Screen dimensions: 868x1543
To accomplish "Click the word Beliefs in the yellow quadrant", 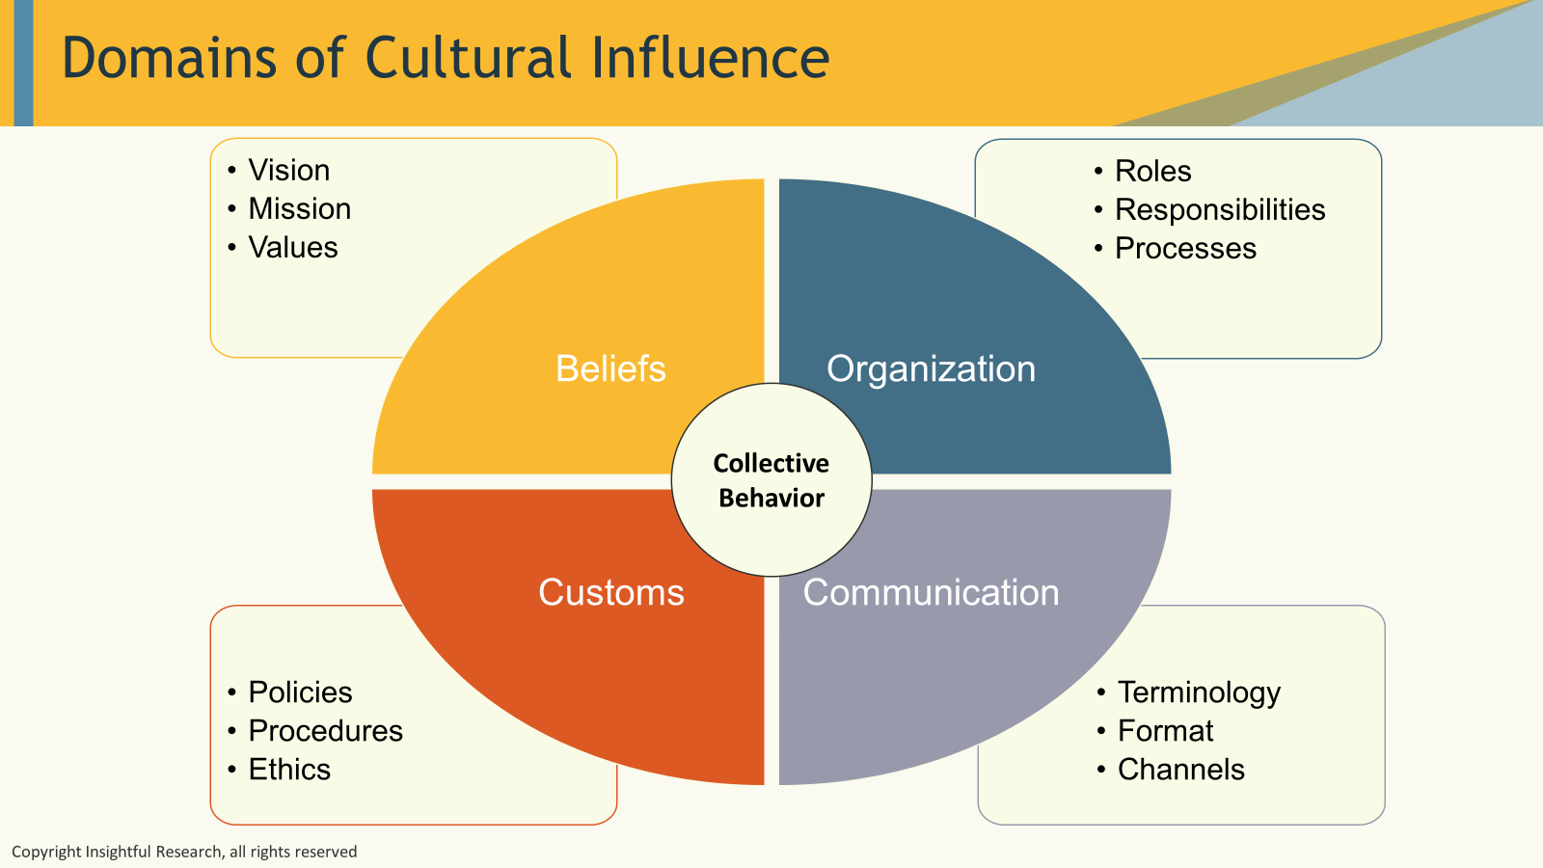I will click(x=610, y=368).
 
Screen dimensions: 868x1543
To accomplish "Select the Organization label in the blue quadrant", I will click(x=931, y=368).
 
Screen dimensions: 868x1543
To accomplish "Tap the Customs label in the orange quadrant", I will click(x=610, y=592).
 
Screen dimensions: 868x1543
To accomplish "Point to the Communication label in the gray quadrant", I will click(x=931, y=592).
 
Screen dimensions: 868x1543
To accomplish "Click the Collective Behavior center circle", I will click(x=771, y=480).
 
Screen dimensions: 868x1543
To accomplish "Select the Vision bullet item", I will click(x=288, y=171).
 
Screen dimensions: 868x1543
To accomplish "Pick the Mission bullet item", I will click(x=299, y=209).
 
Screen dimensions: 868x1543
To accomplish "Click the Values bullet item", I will click(x=293, y=248).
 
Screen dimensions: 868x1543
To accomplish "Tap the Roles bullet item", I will click(x=1152, y=172).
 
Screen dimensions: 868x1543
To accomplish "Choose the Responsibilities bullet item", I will click(x=1220, y=210).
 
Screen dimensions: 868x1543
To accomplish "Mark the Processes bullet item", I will click(x=1185, y=249).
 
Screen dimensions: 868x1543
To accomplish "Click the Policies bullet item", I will click(x=300, y=692).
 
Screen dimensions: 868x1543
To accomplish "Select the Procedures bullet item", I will click(x=325, y=731).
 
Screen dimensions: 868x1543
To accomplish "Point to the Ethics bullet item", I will click(x=289, y=770).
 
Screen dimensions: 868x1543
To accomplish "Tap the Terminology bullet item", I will click(x=1199, y=692).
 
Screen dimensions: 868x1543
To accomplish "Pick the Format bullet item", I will click(x=1165, y=731).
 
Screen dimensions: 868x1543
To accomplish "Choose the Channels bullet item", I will click(x=1180, y=770).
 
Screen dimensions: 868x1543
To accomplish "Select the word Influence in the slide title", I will click(x=710, y=58).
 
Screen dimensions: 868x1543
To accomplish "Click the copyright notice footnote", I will click(x=184, y=852).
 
